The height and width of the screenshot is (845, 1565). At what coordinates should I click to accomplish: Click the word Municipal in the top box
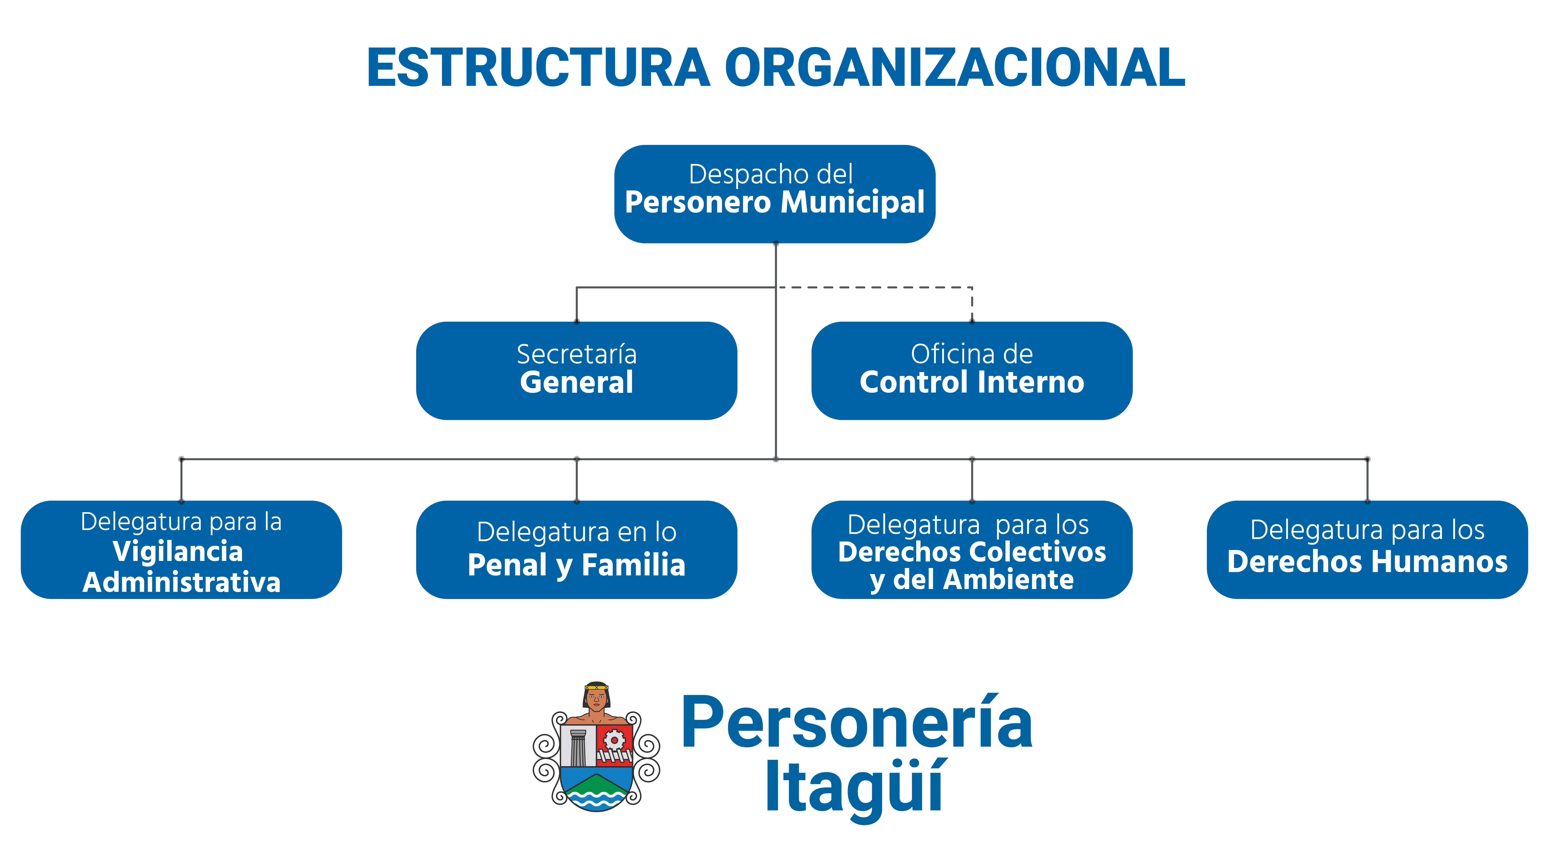coord(852,203)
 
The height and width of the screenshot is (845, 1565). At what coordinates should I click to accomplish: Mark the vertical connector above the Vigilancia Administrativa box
coord(181,480)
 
